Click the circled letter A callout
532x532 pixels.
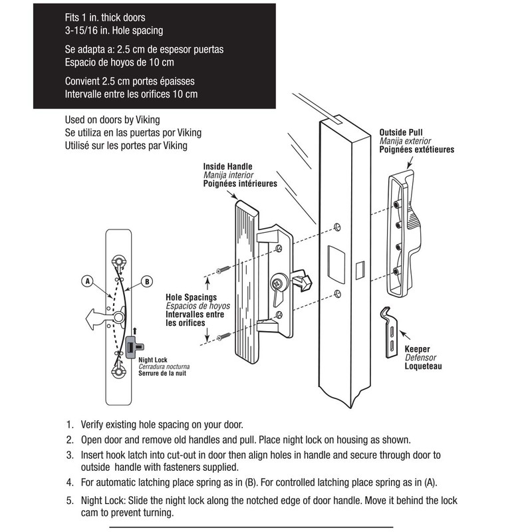86,281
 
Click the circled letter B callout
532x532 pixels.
148,281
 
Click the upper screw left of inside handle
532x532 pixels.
222,269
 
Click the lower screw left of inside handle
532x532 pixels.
222,336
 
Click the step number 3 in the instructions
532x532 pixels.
70,456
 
